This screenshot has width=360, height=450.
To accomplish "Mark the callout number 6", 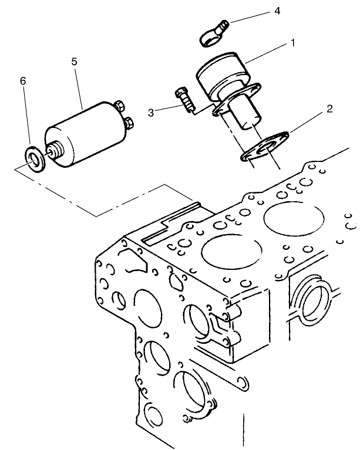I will [23, 80].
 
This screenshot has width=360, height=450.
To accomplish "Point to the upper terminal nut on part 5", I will [121, 106].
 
